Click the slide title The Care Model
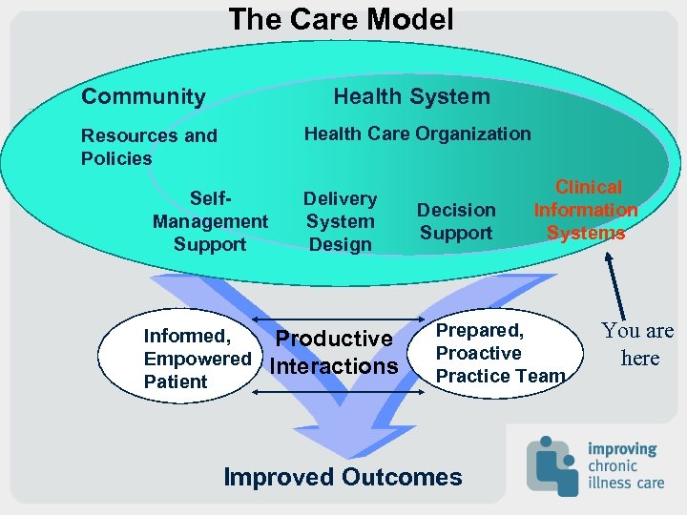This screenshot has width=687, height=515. pyautogui.click(x=341, y=19)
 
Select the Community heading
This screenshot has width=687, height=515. pyautogui.click(x=143, y=96)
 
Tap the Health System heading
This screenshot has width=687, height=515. pyautogui.click(x=411, y=96)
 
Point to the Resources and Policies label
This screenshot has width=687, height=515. pyautogui.click(x=148, y=147)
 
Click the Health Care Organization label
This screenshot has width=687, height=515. pyautogui.click(x=417, y=134)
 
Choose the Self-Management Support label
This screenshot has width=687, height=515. pyautogui.click(x=210, y=221)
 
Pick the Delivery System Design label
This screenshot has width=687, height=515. pyautogui.click(x=341, y=221)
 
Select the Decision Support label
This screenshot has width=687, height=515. pyautogui.click(x=456, y=221)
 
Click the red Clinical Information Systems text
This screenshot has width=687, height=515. pyautogui.click(x=586, y=210)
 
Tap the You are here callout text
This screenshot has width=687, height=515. pyautogui.click(x=638, y=344)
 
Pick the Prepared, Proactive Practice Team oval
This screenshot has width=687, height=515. pyautogui.click(x=496, y=354)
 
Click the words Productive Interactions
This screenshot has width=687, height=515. pyautogui.click(x=334, y=352)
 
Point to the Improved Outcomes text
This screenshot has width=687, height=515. pyautogui.click(x=343, y=477)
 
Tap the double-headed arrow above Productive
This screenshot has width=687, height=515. pyautogui.click(x=341, y=319)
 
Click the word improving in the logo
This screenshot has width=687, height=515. pyautogui.click(x=622, y=448)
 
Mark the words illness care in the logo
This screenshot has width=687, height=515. pyautogui.click(x=626, y=483)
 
